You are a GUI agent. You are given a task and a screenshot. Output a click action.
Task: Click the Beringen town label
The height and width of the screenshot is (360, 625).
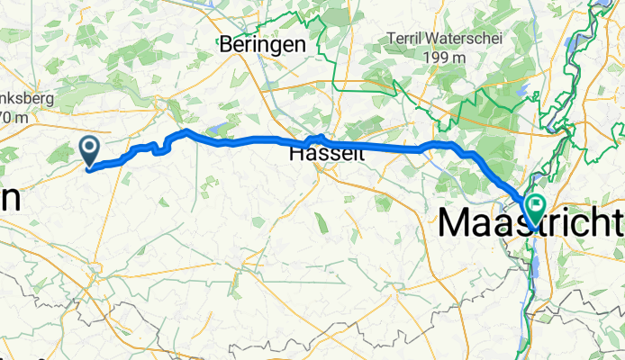click(x=263, y=44)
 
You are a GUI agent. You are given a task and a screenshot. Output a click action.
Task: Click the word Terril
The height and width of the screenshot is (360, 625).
click(x=405, y=39)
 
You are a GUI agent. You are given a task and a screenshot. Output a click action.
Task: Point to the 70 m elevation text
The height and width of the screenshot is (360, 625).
click(x=16, y=117)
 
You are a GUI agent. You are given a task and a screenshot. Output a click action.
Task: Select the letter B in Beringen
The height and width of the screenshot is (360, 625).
click(x=227, y=44)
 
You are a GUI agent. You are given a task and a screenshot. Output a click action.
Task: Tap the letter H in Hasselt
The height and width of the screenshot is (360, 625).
click(x=296, y=155)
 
